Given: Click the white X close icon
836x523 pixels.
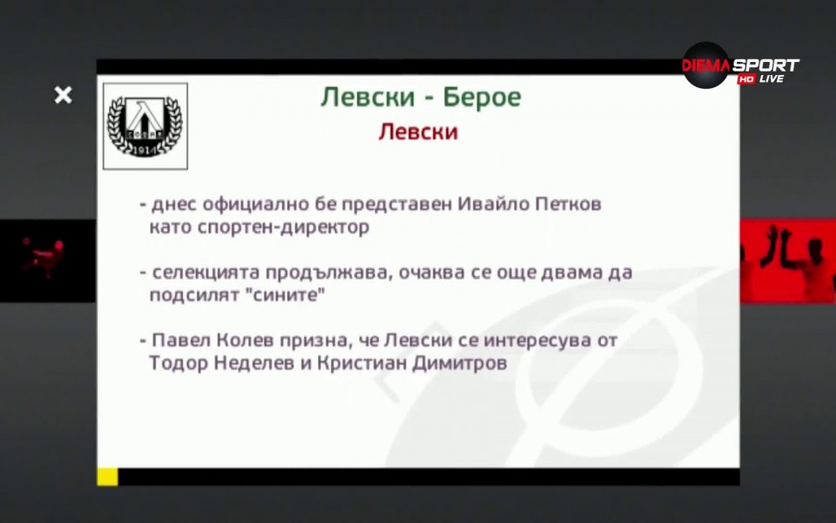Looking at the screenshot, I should pos(63,95).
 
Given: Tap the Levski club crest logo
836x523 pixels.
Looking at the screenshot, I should pos(145,126).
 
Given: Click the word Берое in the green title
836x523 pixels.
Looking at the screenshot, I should pos(482,97).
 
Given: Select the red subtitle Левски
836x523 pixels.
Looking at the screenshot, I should pos(418,132).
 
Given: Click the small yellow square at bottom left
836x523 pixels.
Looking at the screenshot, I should pos(107,477).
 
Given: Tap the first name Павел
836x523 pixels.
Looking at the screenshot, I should pos(176,341).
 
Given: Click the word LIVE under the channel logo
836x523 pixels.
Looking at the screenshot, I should pos(772,79).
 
